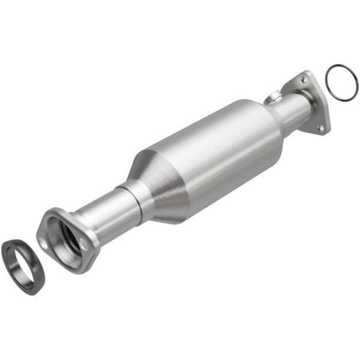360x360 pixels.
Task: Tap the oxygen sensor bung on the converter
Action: coord(274,95)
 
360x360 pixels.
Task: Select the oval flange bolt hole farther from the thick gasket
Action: coord(84,245)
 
